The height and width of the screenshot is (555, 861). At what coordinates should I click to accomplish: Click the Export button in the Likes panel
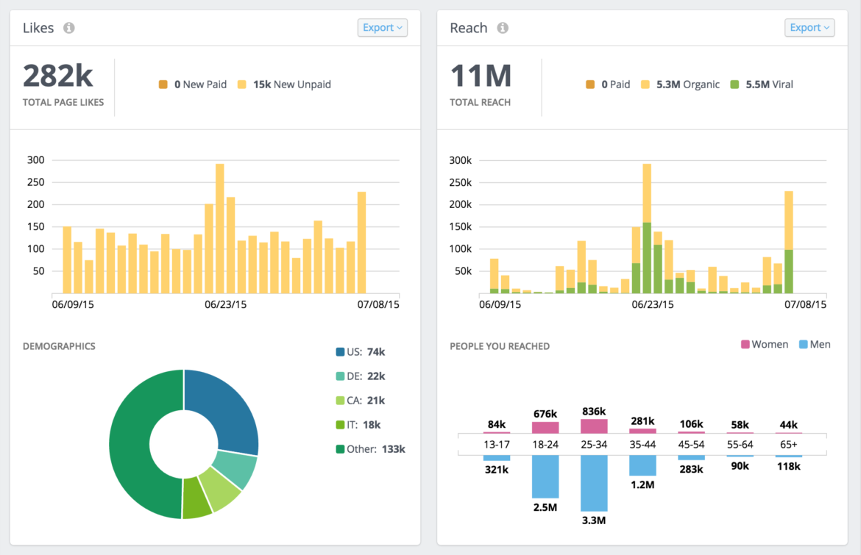[x=383, y=28]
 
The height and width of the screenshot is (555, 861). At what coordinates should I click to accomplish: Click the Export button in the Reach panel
[x=809, y=28]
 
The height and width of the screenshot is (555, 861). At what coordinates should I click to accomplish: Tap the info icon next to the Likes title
[x=69, y=28]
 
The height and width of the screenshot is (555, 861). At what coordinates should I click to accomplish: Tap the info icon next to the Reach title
[x=503, y=28]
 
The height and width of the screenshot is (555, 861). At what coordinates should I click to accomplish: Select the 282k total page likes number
[x=57, y=76]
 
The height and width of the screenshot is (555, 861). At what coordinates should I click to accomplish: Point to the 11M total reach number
[x=481, y=76]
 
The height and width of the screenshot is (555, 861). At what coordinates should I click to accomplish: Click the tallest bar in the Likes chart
[x=219, y=228]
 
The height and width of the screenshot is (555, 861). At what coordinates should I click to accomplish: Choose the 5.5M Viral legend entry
[x=762, y=85]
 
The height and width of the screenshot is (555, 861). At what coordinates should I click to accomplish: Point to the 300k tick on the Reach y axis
[x=464, y=160]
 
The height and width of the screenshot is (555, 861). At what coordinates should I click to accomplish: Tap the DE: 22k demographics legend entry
[x=361, y=376]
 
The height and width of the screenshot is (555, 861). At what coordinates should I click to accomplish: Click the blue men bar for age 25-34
[x=594, y=483]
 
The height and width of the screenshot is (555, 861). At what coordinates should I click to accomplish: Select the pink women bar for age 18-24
[x=545, y=427]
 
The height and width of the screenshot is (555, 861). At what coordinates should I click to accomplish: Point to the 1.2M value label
[x=642, y=484]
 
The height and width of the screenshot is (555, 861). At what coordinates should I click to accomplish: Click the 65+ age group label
[x=788, y=444]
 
